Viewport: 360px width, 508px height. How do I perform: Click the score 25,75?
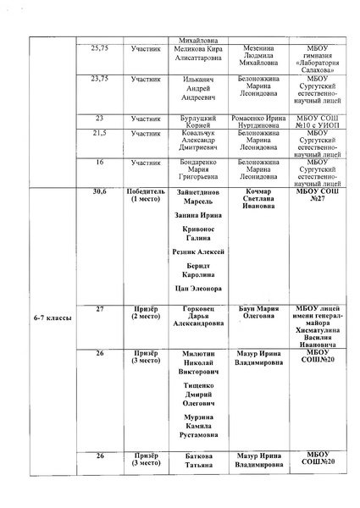99,49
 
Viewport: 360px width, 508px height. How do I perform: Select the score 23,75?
99,78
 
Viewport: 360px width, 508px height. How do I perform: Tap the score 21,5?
99,134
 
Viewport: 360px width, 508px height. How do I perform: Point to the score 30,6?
99,193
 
